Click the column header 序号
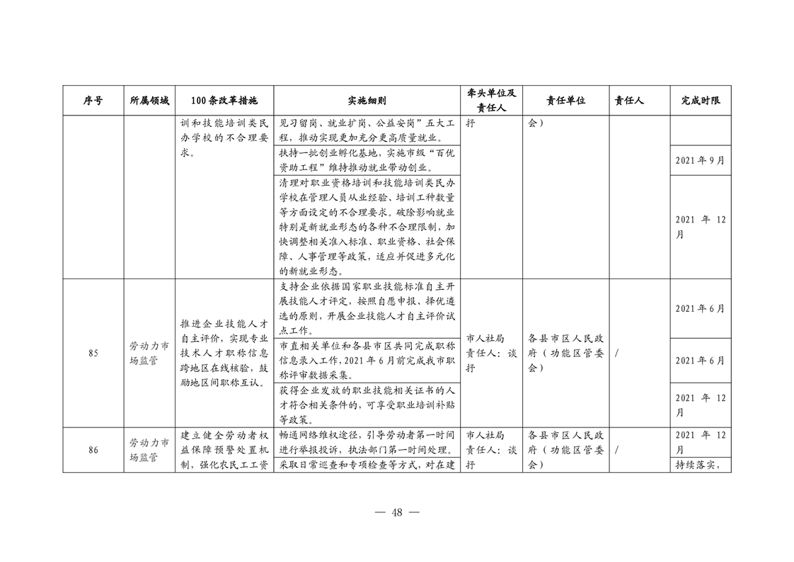click(93, 101)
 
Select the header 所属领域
click(149, 101)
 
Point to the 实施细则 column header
click(367, 101)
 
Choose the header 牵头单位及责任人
click(492, 101)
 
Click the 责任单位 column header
click(565, 101)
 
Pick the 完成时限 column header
click(701, 101)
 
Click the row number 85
click(93, 354)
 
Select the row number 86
click(93, 449)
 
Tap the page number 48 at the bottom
click(396, 512)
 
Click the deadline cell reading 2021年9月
click(700, 160)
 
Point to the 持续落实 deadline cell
click(700, 466)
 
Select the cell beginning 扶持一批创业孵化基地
click(367, 160)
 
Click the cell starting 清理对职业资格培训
click(367, 226)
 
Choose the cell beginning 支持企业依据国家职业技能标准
click(367, 308)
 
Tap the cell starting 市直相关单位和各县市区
click(367, 359)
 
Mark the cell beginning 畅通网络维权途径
click(367, 442)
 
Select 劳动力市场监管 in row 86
click(149, 449)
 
